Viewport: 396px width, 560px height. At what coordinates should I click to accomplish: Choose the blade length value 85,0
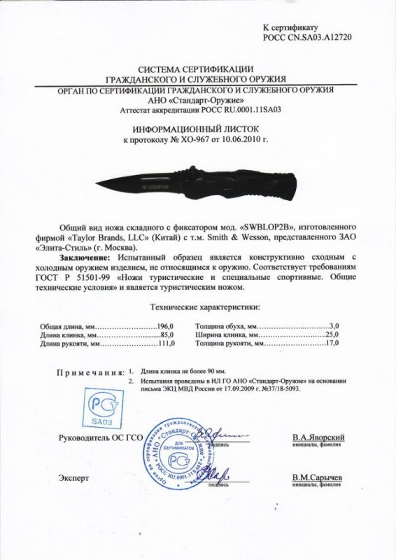pyautogui.click(x=166, y=335)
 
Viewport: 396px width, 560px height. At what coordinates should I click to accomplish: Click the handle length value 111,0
pyautogui.click(x=164, y=344)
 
